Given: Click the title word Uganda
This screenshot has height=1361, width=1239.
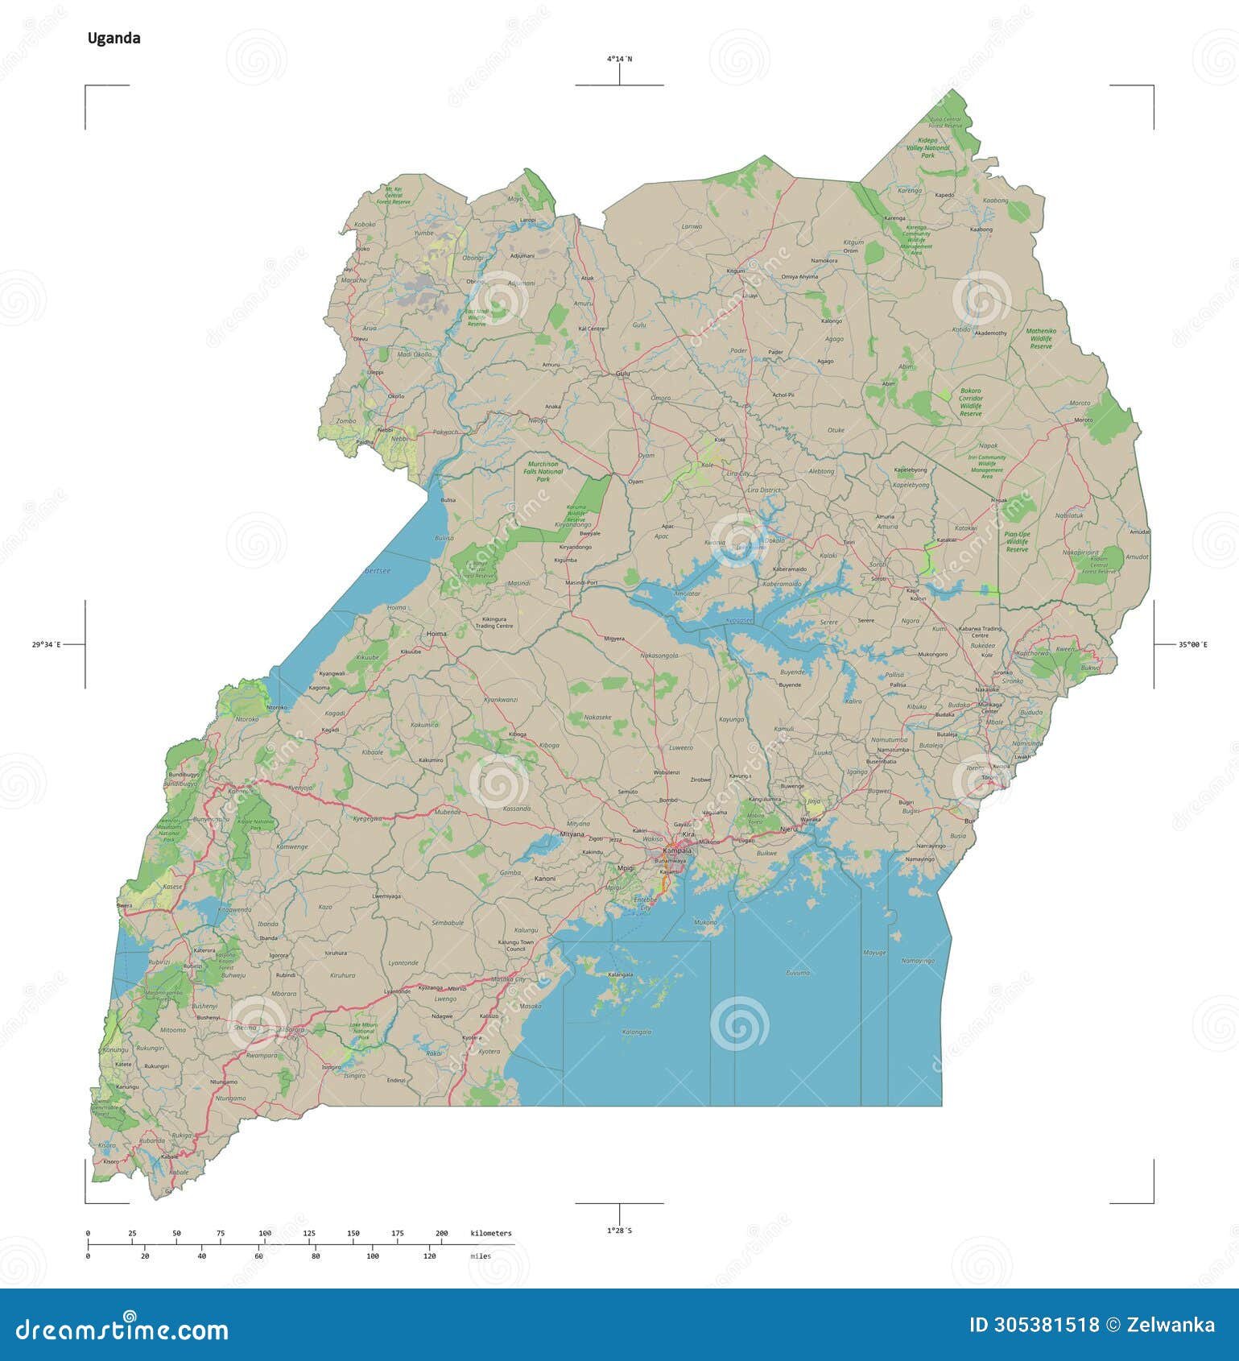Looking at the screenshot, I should [114, 38].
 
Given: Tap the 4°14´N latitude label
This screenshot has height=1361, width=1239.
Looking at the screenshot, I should [619, 59].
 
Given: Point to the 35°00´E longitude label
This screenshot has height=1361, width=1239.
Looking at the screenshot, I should [1193, 644].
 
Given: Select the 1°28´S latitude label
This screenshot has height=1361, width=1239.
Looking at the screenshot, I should [619, 1231].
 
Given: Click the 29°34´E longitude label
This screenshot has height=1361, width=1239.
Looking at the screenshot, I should [47, 644].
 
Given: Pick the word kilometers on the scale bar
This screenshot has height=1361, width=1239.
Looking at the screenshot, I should [490, 1233].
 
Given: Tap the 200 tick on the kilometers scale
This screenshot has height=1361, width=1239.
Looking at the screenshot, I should [441, 1234].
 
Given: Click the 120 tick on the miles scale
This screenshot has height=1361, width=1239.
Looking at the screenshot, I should [429, 1256].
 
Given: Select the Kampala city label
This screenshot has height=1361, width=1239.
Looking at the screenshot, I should [677, 850].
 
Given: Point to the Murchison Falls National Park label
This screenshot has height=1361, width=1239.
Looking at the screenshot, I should [543, 471].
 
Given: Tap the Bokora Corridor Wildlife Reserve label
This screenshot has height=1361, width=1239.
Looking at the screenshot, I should [970, 402].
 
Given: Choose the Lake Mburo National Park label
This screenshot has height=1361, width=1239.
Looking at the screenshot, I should [363, 1030].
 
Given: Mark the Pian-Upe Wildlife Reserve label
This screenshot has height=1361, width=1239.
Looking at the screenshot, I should [1017, 541].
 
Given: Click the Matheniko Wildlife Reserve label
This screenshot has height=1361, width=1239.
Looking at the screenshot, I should [1041, 338].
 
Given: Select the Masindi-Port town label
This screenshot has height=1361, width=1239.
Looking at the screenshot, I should [581, 582].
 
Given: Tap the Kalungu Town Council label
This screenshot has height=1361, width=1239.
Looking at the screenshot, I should [516, 945].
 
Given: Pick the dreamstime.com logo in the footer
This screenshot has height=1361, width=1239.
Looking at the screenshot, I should [122, 1329].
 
